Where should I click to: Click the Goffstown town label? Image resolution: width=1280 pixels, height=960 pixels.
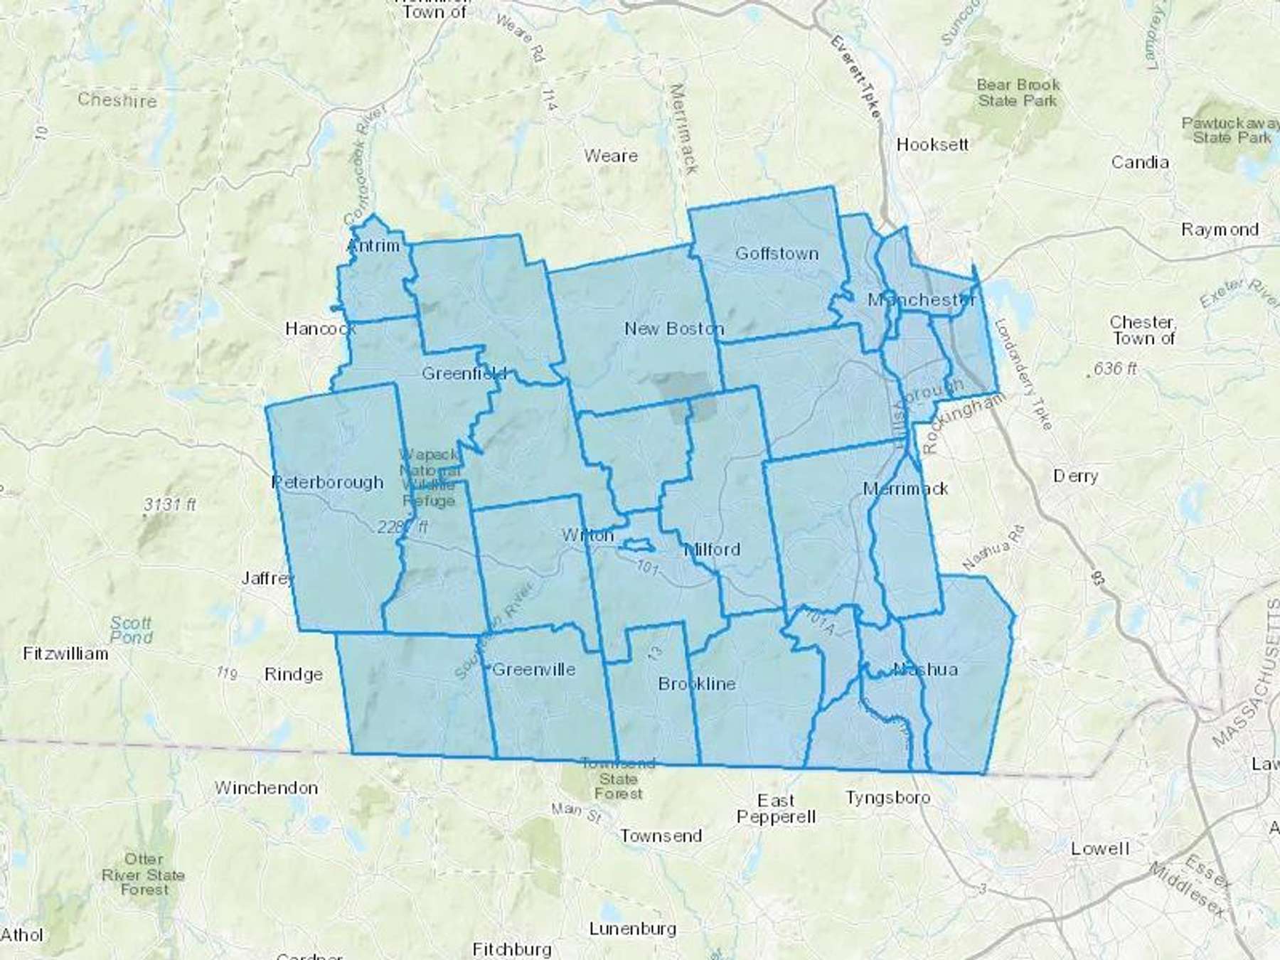777,253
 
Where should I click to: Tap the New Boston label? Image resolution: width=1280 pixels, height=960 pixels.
673,329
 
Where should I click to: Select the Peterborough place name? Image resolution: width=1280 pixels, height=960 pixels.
327,482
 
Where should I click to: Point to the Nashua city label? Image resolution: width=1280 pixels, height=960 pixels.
925,669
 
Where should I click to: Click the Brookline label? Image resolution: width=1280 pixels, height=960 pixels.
696,683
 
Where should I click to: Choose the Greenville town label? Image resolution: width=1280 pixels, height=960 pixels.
533,669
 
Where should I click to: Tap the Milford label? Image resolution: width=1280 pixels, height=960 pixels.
712,549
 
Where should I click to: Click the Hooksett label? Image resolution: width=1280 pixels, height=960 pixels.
932,144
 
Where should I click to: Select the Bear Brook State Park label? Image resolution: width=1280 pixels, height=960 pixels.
1018,92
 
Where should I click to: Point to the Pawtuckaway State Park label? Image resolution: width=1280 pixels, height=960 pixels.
1230,130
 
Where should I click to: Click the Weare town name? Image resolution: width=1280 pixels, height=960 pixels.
610,156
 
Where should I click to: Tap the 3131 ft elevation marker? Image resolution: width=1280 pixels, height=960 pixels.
169,504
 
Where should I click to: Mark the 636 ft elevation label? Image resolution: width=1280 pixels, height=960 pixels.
1115,368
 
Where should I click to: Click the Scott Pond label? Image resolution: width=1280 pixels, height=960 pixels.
131,630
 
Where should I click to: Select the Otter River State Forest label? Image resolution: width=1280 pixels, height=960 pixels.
144,874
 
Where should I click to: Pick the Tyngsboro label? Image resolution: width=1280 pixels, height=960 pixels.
887,797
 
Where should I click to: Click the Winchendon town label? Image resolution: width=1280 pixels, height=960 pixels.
266,788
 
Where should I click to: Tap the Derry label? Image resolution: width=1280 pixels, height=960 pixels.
1075,475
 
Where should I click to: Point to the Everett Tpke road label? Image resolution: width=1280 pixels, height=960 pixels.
855,77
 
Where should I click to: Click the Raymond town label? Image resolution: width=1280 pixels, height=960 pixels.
1220,230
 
